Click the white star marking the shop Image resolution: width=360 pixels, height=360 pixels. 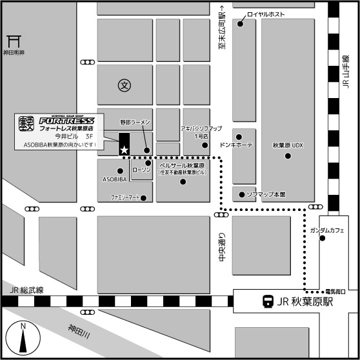tap(124, 150)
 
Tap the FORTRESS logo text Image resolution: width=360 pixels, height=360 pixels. tap(66, 120)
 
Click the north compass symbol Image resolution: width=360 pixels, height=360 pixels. tap(23, 337)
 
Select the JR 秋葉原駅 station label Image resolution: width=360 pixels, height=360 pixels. tap(308, 300)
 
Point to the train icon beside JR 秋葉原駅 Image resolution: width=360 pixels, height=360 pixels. tap(266, 300)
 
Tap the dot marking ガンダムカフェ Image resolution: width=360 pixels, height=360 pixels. tap(322, 239)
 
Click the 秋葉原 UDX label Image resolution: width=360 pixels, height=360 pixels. tap(288, 146)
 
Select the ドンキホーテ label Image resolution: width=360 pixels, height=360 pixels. tap(237, 146)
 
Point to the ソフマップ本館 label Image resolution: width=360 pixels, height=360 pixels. tap(266, 194)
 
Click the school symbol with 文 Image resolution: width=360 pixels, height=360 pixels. tap(125, 85)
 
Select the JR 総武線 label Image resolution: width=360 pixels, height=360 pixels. tap(26, 291)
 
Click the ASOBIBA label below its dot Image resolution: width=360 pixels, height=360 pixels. tap(114, 179)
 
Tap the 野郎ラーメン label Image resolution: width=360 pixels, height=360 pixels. tap(135, 122)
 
